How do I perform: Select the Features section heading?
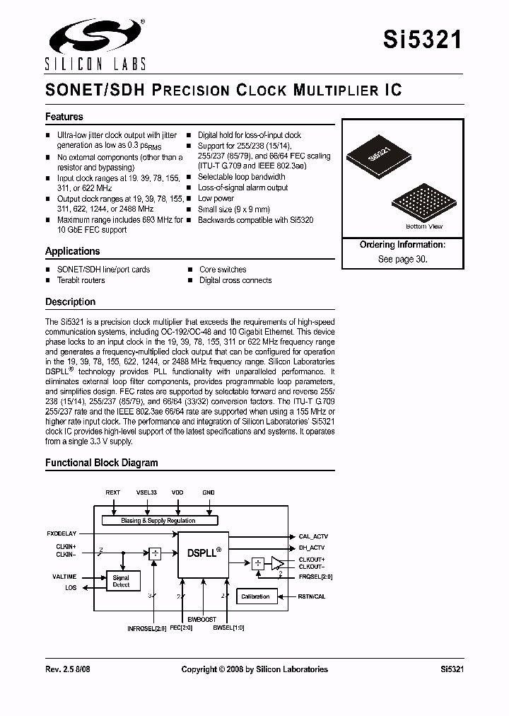(64, 117)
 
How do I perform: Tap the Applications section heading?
(73, 251)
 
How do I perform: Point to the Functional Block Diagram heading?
(102, 463)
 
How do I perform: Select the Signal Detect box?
(122, 582)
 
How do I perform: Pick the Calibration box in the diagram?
(256, 596)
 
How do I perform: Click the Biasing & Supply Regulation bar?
(158, 520)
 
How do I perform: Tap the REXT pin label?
(113, 492)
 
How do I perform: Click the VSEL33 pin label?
(146, 492)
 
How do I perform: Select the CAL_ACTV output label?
(313, 536)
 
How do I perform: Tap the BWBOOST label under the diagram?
(202, 619)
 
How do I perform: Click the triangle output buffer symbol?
(277, 564)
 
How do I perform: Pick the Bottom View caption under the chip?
(424, 226)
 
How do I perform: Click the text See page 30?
(402, 259)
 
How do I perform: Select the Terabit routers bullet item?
(81, 280)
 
